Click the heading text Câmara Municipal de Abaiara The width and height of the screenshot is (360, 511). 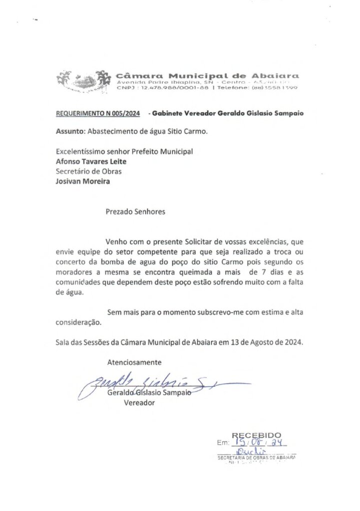207,75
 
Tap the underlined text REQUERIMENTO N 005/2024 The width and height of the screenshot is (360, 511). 98,113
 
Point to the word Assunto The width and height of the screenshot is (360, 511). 70,132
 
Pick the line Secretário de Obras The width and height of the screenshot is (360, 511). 88,171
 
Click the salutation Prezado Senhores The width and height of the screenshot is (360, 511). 135,212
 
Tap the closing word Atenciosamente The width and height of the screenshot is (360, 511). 134,362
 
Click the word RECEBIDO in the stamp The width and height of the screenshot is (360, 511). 256,435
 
